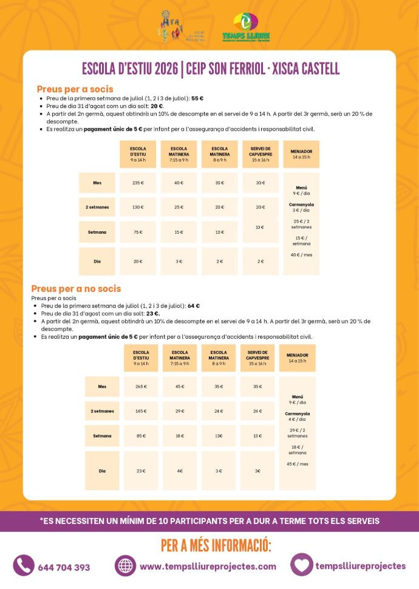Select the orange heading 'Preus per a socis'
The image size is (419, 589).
pyautogui.click(x=75, y=89)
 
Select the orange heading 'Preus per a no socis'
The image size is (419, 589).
pyautogui.click(x=76, y=288)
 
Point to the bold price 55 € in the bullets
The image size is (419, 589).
pyautogui.click(x=197, y=98)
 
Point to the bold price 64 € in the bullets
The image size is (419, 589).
pyautogui.click(x=194, y=306)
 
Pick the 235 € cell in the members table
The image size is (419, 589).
pyautogui.click(x=138, y=183)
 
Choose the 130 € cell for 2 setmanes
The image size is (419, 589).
pyautogui.click(x=138, y=207)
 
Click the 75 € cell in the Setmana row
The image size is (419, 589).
pyautogui.click(x=138, y=232)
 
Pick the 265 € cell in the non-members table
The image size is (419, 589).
pyautogui.click(x=141, y=386)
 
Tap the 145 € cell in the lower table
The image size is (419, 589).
pyautogui.click(x=141, y=411)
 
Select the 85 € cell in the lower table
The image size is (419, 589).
pyautogui.click(x=141, y=435)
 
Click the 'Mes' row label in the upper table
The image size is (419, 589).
pyautogui.click(x=97, y=183)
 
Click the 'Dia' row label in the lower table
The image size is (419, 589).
pyautogui.click(x=102, y=471)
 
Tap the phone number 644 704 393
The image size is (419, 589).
pyautogui.click(x=64, y=567)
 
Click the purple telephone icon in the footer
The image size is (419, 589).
pyautogui.click(x=24, y=566)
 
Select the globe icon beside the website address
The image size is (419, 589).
pyautogui.click(x=125, y=566)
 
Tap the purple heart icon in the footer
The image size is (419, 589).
pyautogui.click(x=301, y=565)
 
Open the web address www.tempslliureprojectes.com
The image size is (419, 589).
pyautogui.click(x=208, y=567)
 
